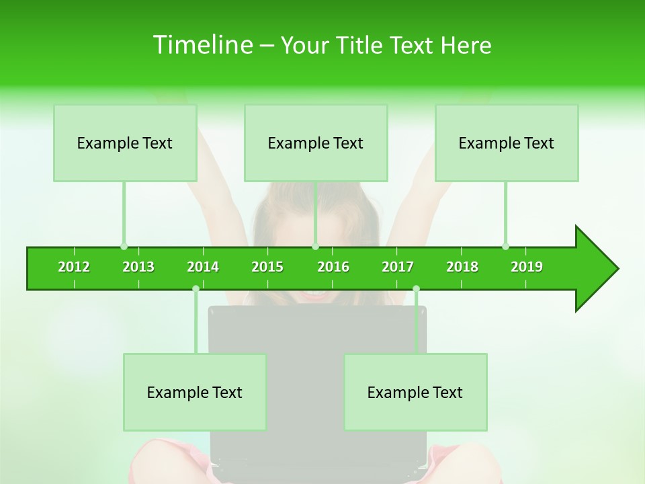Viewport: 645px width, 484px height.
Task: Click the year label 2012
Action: click(74, 267)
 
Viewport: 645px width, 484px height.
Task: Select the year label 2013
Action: click(138, 267)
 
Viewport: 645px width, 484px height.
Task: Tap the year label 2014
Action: click(203, 267)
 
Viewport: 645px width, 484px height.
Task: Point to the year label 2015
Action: click(267, 267)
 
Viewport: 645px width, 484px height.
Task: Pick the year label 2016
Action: click(333, 267)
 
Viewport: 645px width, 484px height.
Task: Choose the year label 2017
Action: click(398, 267)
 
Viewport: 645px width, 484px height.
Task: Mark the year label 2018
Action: click(462, 267)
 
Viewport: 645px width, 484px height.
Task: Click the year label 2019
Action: click(527, 267)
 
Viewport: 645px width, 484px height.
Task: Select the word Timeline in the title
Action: click(202, 45)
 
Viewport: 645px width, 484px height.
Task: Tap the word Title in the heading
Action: click(361, 45)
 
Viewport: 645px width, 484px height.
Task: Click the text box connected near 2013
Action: click(125, 143)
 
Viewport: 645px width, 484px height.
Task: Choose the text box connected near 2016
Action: click(316, 143)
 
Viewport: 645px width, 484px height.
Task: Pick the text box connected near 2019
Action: click(507, 143)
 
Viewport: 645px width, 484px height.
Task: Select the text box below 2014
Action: click(195, 392)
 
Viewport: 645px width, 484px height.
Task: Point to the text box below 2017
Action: click(415, 392)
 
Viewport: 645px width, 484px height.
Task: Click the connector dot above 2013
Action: click(124, 246)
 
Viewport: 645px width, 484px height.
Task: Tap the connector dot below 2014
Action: click(196, 289)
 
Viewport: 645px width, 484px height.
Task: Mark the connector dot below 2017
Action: click(416, 289)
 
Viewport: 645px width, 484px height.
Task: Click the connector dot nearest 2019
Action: click(505, 246)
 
